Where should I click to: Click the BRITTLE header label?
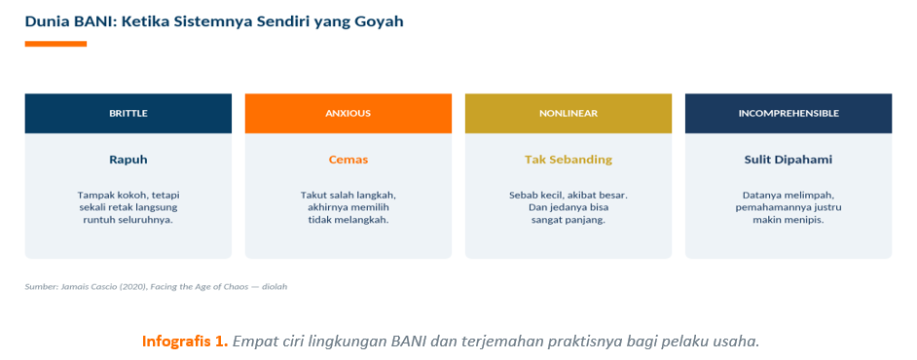128,114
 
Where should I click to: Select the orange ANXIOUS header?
348,114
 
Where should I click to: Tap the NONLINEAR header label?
569,114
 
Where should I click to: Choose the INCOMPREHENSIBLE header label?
789,114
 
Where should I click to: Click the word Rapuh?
128,159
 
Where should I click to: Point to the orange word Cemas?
348,159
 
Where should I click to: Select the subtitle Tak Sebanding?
569,159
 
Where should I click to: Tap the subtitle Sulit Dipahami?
789,159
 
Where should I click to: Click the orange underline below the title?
55,44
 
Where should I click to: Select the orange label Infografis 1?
185,342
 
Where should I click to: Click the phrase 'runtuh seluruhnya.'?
128,220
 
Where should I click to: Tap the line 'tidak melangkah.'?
348,220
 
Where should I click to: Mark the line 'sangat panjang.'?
569,220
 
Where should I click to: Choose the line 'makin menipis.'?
789,220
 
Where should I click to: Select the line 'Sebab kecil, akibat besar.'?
569,195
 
